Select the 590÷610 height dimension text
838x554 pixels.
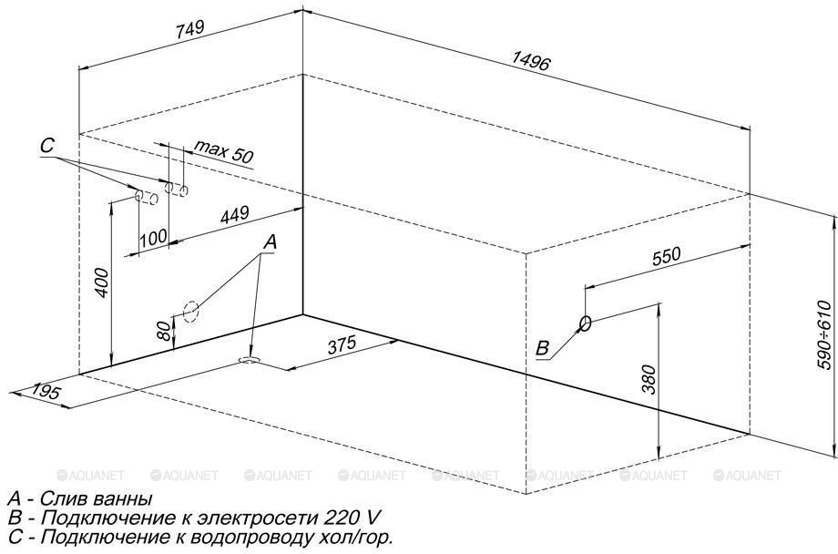(824, 334)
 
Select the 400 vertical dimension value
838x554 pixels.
(102, 283)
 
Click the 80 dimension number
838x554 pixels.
(163, 331)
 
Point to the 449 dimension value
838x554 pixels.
(234, 216)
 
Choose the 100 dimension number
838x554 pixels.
(154, 237)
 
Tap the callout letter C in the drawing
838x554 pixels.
(48, 146)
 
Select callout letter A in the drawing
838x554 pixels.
(269, 241)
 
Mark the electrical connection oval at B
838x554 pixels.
(585, 323)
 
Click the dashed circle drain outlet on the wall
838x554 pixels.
(189, 311)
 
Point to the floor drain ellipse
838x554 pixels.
(248, 361)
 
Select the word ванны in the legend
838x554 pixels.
(121, 499)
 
